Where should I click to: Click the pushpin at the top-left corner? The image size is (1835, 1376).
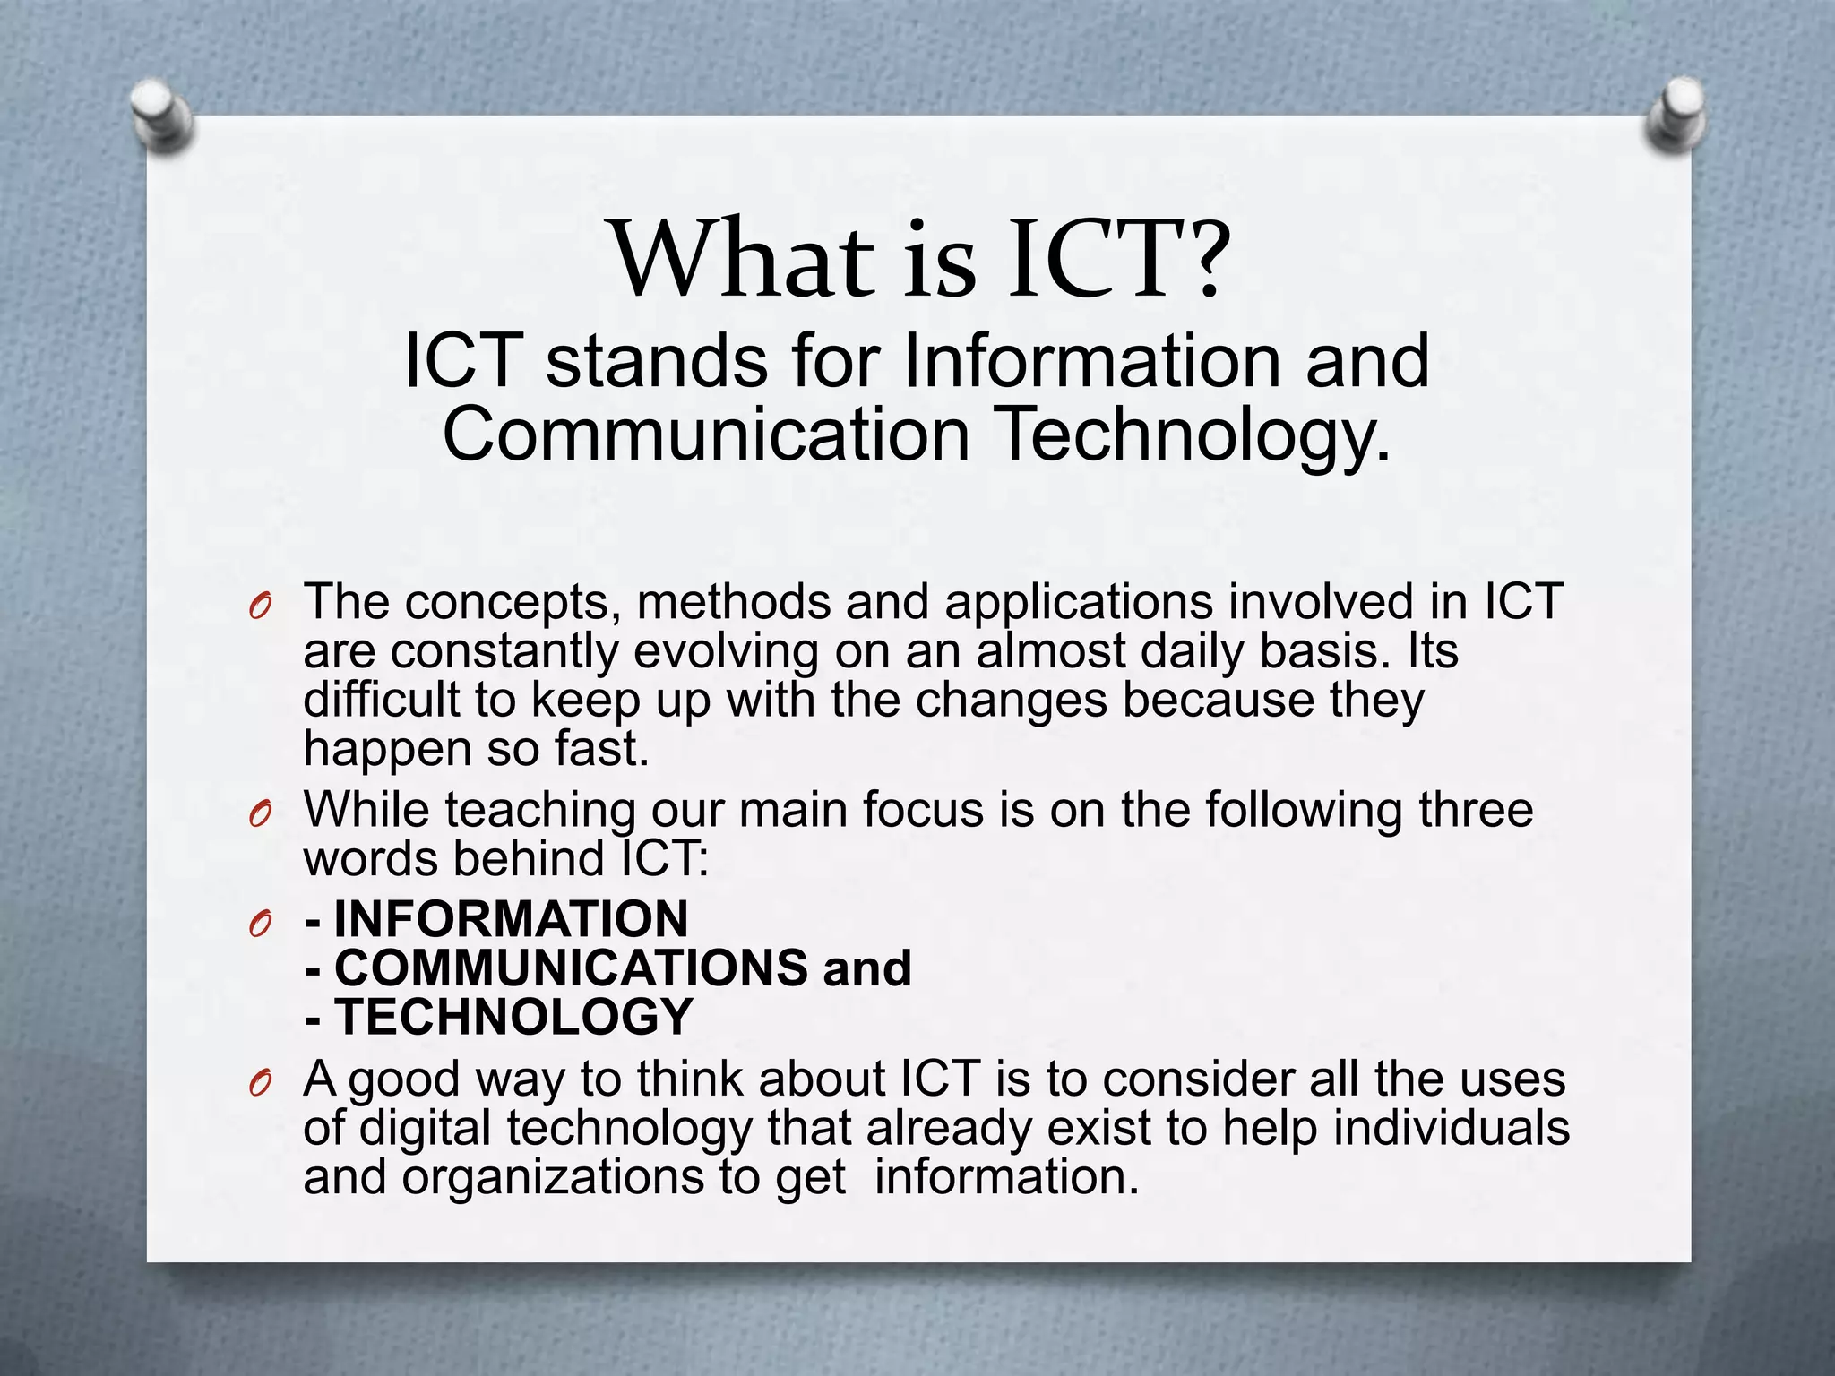(x=161, y=114)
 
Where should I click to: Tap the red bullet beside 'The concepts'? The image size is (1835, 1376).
(x=260, y=607)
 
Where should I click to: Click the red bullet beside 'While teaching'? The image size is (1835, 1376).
(x=260, y=814)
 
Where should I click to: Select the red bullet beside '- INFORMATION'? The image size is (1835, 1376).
(x=260, y=924)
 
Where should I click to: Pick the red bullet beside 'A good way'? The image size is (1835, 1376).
(x=260, y=1084)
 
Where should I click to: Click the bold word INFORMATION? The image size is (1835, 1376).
(x=511, y=919)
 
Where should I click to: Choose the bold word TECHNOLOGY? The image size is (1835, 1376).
(x=513, y=1017)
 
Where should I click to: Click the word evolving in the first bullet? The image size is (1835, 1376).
(x=726, y=651)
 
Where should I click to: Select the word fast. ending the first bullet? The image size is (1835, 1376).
(x=601, y=749)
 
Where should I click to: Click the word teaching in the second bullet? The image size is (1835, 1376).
(x=539, y=811)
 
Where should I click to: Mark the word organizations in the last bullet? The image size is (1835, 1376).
(x=552, y=1177)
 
